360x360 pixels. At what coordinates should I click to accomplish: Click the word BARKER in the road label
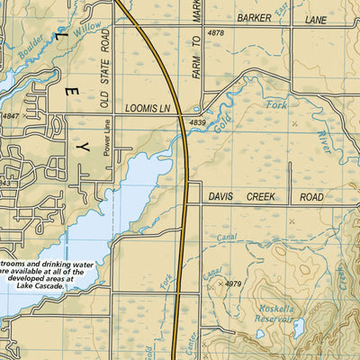[x=255, y=17]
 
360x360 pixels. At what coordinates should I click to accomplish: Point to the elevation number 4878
[x=215, y=33]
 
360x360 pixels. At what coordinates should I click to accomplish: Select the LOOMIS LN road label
[x=146, y=107]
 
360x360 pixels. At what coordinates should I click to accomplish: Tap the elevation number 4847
[x=11, y=117]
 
